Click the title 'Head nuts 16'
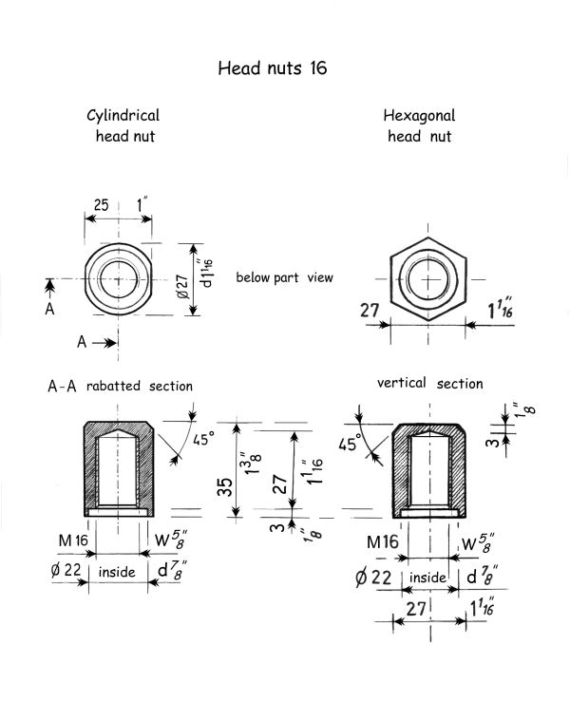pos(273,68)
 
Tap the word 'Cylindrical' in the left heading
pos(123,116)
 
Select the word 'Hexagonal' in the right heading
pos(419,116)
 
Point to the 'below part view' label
pos(284,277)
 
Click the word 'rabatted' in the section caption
pos(113,386)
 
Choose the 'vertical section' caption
pos(429,383)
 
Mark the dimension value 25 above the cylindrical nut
pos(102,204)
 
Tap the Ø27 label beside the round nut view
pos(182,287)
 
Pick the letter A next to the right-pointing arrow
pos(82,342)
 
